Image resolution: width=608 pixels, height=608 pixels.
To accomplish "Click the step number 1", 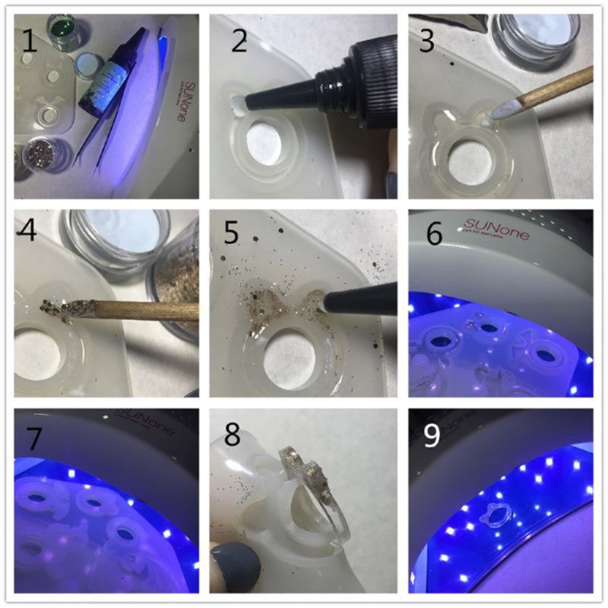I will tap(30, 40).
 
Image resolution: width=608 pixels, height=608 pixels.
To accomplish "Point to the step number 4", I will tap(30, 233).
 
